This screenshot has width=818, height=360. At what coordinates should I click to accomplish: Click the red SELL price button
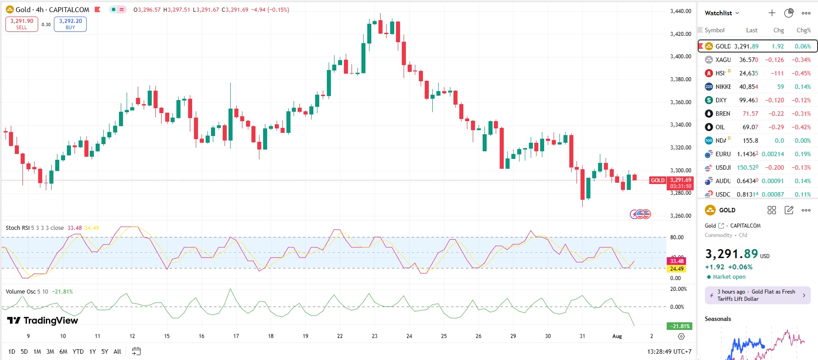click(22, 24)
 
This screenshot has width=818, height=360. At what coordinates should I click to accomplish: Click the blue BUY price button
click(70, 24)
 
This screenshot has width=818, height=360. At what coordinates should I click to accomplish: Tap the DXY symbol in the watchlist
click(721, 100)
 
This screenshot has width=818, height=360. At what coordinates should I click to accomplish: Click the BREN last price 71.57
click(750, 114)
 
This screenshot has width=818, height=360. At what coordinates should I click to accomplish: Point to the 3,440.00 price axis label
click(680, 11)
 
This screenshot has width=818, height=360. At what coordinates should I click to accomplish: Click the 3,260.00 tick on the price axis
click(680, 215)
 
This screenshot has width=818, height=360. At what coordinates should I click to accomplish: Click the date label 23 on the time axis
click(374, 336)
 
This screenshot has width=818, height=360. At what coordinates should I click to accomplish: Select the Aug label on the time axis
click(617, 336)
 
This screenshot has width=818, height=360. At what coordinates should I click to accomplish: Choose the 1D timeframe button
click(12, 351)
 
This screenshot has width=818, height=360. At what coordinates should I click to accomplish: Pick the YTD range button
click(78, 351)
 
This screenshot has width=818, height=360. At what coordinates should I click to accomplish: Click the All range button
click(117, 351)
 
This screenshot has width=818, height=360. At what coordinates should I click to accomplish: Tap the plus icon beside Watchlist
click(772, 13)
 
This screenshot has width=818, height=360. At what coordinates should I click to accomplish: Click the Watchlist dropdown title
click(721, 13)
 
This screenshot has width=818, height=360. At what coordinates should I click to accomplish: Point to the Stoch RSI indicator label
click(18, 228)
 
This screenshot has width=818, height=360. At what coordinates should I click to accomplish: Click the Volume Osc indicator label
click(20, 291)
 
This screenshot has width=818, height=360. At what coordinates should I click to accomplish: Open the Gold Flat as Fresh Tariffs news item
click(757, 295)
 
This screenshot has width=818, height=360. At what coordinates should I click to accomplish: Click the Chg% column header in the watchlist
click(803, 30)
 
